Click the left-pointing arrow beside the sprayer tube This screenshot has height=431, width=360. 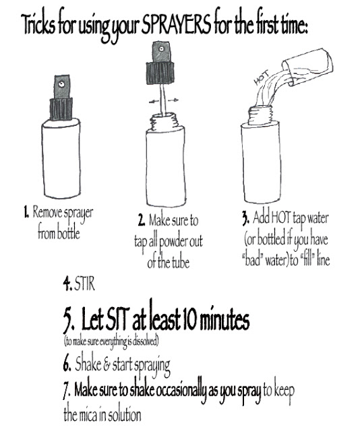(154, 102)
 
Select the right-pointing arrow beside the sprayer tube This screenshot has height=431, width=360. (173, 100)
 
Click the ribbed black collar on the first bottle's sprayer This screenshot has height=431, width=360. (61, 109)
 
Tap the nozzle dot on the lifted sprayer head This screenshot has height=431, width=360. (160, 49)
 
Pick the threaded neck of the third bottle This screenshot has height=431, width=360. (261, 115)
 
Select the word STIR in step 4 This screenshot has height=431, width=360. (85, 284)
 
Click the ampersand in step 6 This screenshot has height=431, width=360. (107, 364)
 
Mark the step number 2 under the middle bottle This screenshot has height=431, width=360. (141, 220)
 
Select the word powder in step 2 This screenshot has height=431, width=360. (172, 242)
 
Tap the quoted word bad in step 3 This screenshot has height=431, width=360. (253, 260)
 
